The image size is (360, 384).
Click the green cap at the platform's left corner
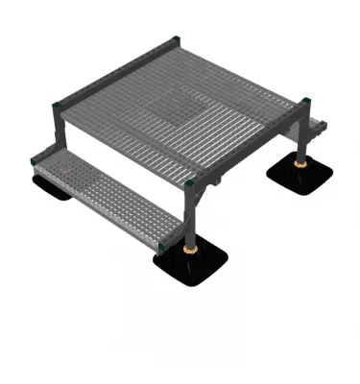pyautogui.click(x=60, y=101)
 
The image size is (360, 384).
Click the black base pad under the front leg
pyautogui.click(x=191, y=265)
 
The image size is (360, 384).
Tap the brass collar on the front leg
pyautogui.click(x=192, y=247)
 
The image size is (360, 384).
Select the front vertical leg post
pyautogui.click(x=193, y=216)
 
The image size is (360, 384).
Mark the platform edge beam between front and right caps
pyautogui.click(x=252, y=144)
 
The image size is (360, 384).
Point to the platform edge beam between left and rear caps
pyautogui.click(x=115, y=69)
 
